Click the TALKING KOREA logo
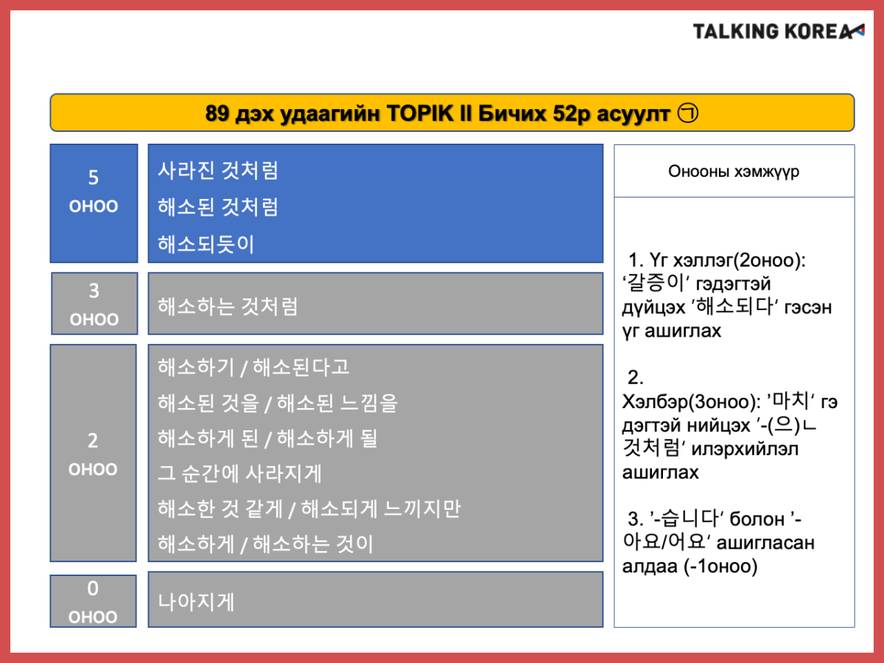pos(778,32)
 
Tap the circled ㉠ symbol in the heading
pos(687,113)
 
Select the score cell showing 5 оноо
pos(94,203)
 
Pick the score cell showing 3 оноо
pos(94,304)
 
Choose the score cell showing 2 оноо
pos(93,453)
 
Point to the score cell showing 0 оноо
pos(93,601)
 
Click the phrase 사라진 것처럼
pos(218,170)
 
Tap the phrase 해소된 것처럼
pos(218,207)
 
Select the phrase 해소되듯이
pos(206,244)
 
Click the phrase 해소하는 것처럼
pos(228,306)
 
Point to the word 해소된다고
pos(301,367)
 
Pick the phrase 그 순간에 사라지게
pos(239,474)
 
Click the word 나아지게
pos(196,602)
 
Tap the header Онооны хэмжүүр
pos(734,171)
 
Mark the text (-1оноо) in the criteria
pos(721,566)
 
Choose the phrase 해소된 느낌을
pos(337,403)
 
